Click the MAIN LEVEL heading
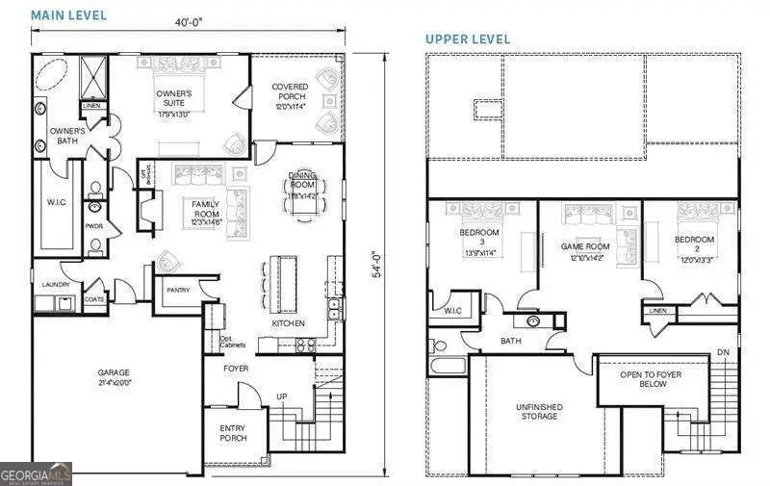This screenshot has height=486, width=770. (68, 15)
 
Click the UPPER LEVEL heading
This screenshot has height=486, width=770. (468, 39)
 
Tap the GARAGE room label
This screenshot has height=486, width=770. (113, 372)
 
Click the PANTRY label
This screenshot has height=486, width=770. (177, 290)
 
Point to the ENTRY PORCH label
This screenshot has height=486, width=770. (233, 432)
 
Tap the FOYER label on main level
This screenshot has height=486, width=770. (236, 368)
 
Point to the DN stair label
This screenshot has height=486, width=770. (723, 353)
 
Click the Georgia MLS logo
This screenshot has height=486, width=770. (36, 473)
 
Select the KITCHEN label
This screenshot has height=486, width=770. (288, 323)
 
